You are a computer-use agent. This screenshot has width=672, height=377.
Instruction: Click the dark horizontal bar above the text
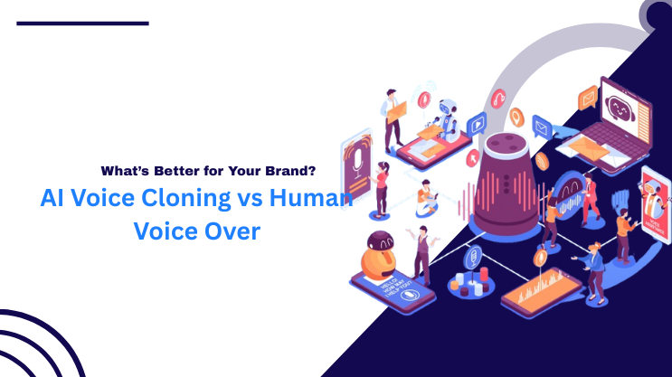82,23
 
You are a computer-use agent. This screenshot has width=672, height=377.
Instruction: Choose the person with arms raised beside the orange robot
420,249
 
